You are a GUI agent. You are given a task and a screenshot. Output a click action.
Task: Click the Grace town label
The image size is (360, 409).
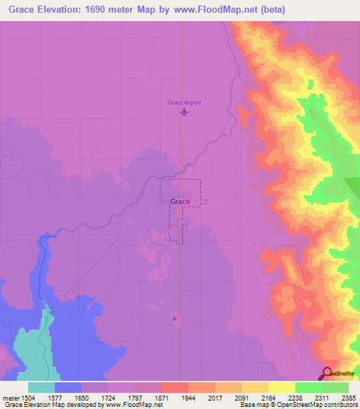pos(180,202)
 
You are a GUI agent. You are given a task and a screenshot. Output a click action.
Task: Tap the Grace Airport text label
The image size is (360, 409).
pos(184,103)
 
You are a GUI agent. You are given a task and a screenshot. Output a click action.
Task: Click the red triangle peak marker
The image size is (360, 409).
pos(174,319)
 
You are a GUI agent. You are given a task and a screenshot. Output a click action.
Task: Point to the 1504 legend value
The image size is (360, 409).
pos(25,396)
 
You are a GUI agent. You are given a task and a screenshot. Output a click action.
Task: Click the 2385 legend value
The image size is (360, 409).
pos(349,396)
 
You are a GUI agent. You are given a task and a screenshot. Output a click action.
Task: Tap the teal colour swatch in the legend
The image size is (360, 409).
pos(41,387)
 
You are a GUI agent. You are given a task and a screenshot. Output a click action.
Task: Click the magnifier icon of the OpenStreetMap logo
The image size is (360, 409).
pos(327,373)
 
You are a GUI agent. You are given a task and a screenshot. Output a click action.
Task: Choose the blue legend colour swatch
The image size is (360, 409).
pos(68,387)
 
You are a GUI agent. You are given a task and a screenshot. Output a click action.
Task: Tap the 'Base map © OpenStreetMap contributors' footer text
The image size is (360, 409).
pos(300,405)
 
